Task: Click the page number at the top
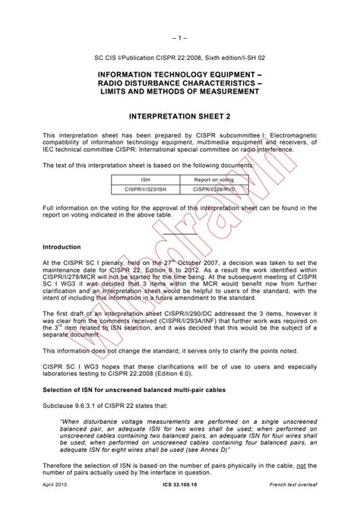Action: tap(179, 16)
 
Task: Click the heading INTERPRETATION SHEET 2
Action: tap(179, 118)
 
